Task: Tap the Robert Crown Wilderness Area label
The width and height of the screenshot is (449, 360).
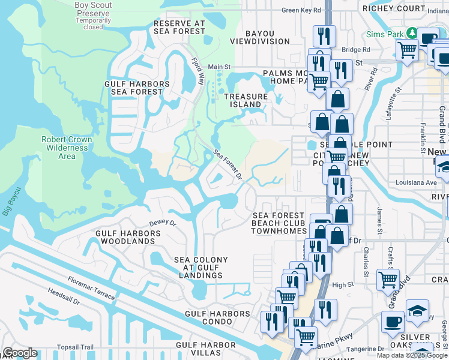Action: point(67,148)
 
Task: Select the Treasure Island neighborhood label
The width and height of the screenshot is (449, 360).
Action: point(246,100)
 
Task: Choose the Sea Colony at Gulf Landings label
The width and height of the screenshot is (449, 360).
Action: point(200,268)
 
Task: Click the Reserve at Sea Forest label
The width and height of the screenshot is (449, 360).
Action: point(179,27)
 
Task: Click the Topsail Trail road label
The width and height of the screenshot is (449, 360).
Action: point(75,347)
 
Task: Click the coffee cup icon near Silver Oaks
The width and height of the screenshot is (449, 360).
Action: point(393,320)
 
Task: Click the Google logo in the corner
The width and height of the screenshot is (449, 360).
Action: point(20,353)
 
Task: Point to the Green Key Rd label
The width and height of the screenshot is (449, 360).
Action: point(301,10)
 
